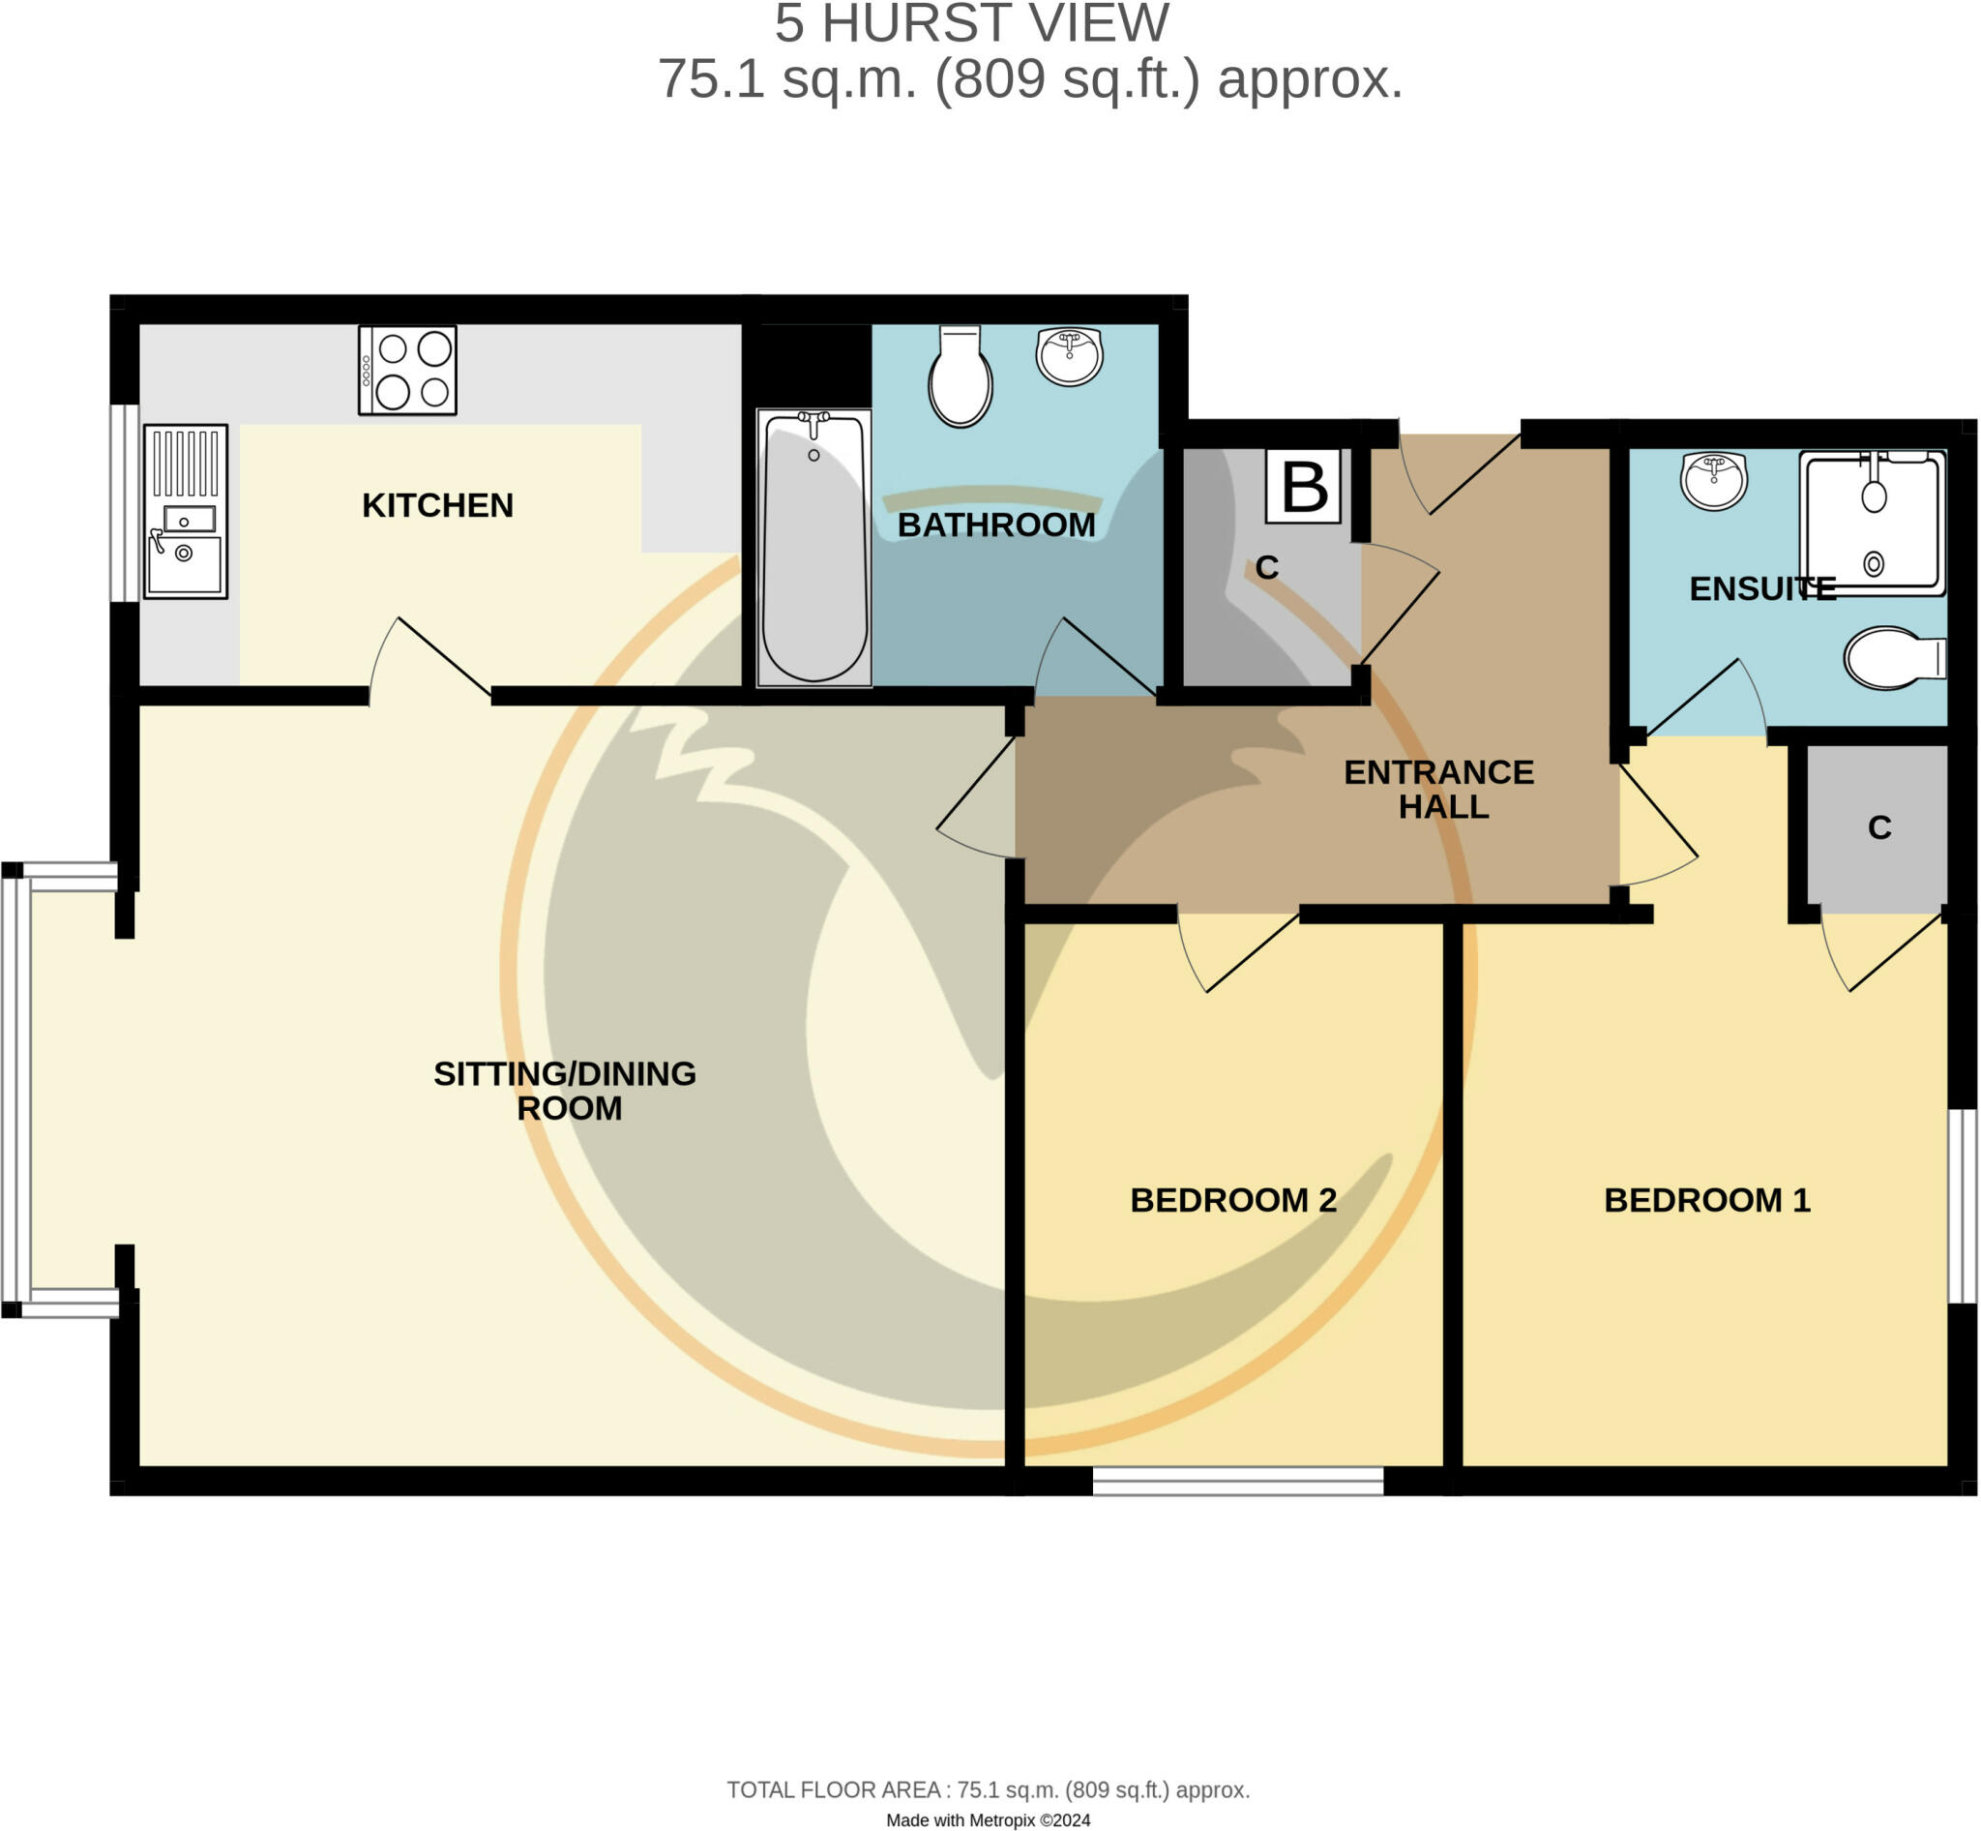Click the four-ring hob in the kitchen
pyautogui.click(x=407, y=371)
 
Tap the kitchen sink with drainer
pyautogui.click(x=185, y=511)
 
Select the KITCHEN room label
pyautogui.click(x=437, y=505)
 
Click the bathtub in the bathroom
pyautogui.click(x=814, y=548)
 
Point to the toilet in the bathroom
pyautogui.click(x=960, y=376)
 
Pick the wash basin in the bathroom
pyautogui.click(x=1069, y=356)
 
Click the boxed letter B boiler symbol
pyautogui.click(x=1303, y=487)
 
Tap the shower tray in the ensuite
pyautogui.click(x=1872, y=523)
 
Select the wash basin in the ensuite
pyautogui.click(x=1714, y=482)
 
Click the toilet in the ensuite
pyautogui.click(x=1894, y=658)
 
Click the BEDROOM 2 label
pyautogui.click(x=1233, y=1200)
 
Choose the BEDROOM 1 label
pyautogui.click(x=1706, y=1200)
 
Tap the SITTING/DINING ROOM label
pyautogui.click(x=566, y=1090)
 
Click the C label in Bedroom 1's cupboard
pyautogui.click(x=1879, y=827)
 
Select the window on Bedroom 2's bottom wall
pyautogui.click(x=1237, y=1482)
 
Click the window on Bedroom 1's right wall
pyautogui.click(x=1963, y=1206)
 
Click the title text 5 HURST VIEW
pyautogui.click(x=971, y=24)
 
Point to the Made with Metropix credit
pyautogui.click(x=988, y=1819)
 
